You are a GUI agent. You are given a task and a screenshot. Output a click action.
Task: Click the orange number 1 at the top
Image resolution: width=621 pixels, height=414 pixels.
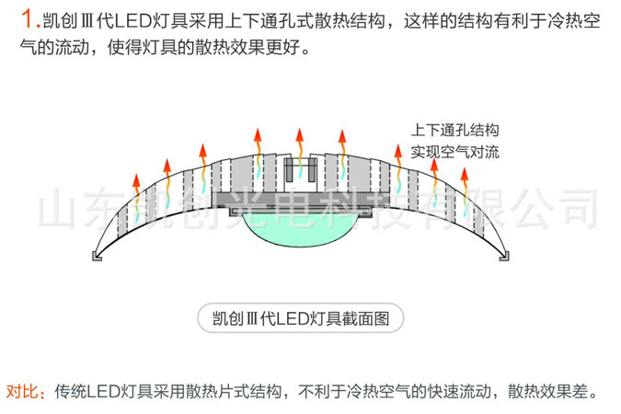(29, 19)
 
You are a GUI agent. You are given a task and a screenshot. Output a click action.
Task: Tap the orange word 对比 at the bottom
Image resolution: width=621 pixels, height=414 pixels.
(22, 391)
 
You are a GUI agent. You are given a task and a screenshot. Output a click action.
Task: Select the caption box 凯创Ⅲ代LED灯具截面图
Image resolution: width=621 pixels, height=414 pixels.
(301, 318)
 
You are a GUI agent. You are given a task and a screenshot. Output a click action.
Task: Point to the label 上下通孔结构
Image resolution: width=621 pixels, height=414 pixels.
(454, 130)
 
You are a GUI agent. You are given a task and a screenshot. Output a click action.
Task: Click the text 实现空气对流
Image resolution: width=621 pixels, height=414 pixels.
(454, 152)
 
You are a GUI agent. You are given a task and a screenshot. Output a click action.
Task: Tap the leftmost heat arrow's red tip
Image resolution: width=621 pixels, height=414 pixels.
(136, 180)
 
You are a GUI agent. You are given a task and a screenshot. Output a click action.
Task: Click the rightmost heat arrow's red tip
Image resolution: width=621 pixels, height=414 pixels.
(465, 175)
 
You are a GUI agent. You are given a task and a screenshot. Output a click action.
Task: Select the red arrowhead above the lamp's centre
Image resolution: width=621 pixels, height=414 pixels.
(300, 135)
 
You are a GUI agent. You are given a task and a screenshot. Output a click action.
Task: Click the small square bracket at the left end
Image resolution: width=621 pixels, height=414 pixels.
(97, 256)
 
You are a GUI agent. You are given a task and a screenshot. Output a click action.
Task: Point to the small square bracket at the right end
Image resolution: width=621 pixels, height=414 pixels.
(504, 256)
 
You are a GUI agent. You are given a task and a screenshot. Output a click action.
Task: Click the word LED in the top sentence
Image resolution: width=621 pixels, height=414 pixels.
(134, 20)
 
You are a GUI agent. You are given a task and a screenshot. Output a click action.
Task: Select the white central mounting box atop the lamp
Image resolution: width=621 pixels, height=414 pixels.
(301, 174)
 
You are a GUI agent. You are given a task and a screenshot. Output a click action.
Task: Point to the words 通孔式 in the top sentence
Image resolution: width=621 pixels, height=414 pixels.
(287, 20)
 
